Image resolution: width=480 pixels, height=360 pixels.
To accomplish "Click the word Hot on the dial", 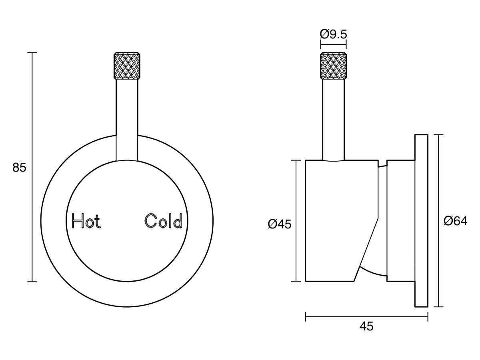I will (x=86, y=221).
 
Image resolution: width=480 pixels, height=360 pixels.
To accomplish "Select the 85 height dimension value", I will (x=19, y=167).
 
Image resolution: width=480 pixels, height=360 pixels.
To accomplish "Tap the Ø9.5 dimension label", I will (x=333, y=34).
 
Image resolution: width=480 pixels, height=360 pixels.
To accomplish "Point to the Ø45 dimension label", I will (x=280, y=224).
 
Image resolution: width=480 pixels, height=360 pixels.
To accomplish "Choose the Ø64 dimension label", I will (x=456, y=221).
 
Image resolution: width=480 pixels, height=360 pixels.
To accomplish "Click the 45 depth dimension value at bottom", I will (x=366, y=326).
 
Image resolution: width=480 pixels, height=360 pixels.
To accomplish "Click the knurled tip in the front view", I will (x=127, y=65).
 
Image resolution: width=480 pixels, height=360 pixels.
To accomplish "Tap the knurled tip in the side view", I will (x=333, y=65).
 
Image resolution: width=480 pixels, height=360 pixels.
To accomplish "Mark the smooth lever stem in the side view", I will (x=333, y=120).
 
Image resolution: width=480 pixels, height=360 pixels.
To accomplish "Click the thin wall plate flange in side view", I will (x=421, y=221).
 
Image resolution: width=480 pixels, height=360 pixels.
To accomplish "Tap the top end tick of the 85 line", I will (x=32, y=52).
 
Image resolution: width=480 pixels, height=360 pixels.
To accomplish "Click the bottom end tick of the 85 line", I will (x=32, y=282).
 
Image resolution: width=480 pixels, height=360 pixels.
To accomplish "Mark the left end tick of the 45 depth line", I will (x=306, y=317).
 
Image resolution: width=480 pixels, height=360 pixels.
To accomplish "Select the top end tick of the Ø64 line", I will (x=440, y=135).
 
